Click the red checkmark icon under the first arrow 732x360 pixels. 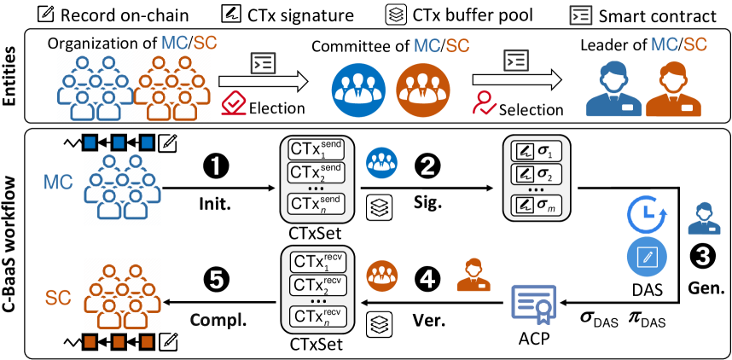click(234, 104)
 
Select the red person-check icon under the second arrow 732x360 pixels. click(485, 102)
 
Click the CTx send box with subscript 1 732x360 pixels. click(317, 150)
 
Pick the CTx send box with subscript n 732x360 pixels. click(317, 205)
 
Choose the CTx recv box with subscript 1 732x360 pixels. click(317, 262)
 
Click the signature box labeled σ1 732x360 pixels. click(536, 152)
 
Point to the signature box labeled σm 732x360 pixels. click(536, 205)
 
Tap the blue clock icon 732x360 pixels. click(646, 215)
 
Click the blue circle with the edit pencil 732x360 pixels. click(647, 256)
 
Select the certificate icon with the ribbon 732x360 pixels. click(533, 304)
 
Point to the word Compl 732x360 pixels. click(215, 320)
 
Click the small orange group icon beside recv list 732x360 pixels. click(381, 275)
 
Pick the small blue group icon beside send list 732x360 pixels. click(381, 162)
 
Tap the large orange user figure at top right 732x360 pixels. click(673, 89)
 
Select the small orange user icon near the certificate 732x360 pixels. click(473, 275)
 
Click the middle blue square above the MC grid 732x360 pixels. click(119, 142)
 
